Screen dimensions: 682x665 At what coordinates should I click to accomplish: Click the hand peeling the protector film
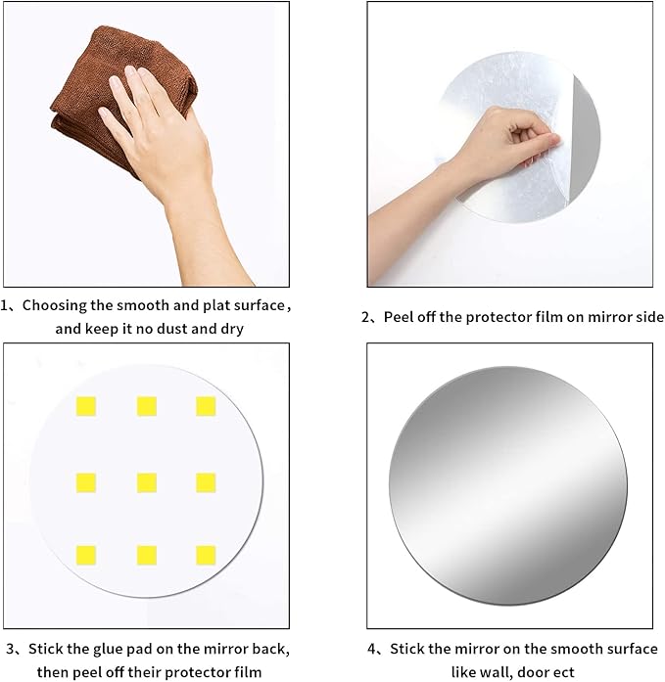(x=499, y=147)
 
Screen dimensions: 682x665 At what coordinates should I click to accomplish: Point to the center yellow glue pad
(x=146, y=481)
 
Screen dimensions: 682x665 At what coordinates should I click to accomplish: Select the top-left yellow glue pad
(x=86, y=406)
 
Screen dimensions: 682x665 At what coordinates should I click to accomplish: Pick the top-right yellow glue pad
(x=206, y=406)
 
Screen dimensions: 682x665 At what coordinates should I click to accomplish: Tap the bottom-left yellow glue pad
(x=86, y=555)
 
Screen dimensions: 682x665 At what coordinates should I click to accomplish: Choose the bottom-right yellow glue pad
(x=206, y=555)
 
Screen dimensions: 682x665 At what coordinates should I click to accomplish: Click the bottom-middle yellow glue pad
(x=146, y=555)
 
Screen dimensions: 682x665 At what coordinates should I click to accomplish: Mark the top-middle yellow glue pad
(x=146, y=406)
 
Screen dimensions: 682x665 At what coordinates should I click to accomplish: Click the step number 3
(x=9, y=648)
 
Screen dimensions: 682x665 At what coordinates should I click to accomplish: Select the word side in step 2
(x=647, y=317)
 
